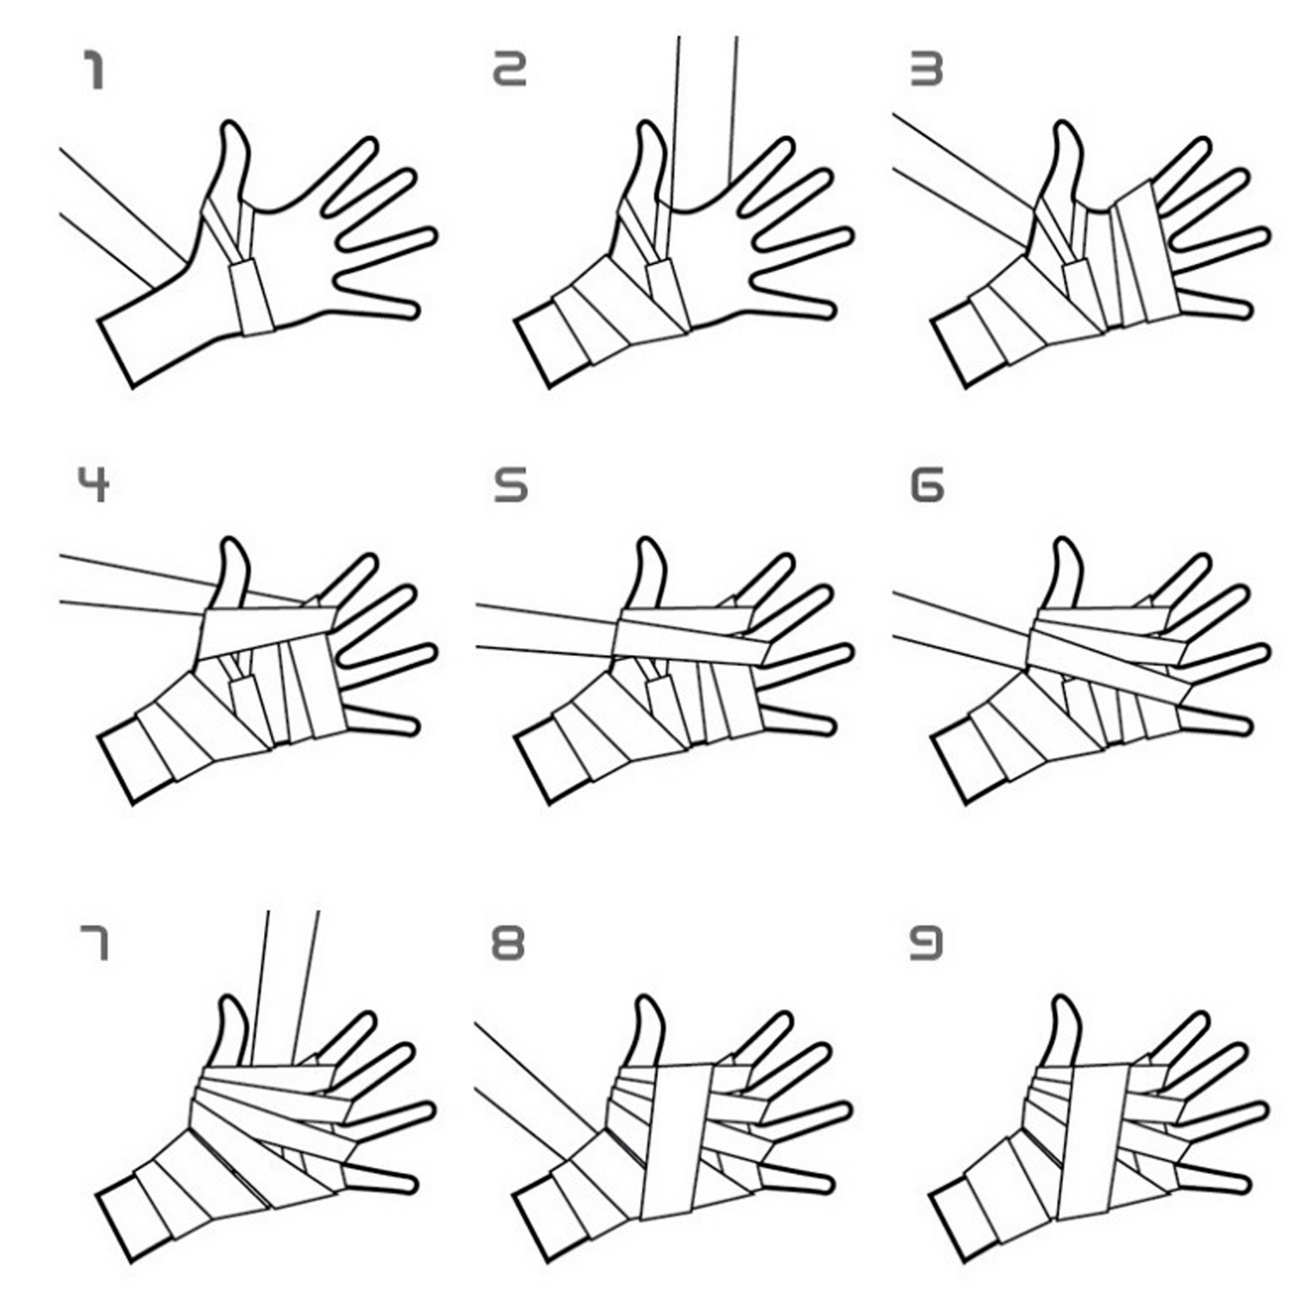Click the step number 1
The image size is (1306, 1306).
93,70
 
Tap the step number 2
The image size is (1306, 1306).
510,69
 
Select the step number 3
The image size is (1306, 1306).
925,69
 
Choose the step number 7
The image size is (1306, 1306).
93,944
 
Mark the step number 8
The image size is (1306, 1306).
509,944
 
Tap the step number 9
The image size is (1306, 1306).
925,944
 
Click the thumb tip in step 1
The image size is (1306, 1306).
231,124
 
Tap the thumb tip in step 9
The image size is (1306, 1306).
1064,1000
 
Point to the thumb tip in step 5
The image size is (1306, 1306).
647,540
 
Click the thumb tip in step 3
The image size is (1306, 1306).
1064,124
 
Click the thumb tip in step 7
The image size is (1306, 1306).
231,1000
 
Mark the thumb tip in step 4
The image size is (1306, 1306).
231,540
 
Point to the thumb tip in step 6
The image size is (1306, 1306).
1064,540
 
